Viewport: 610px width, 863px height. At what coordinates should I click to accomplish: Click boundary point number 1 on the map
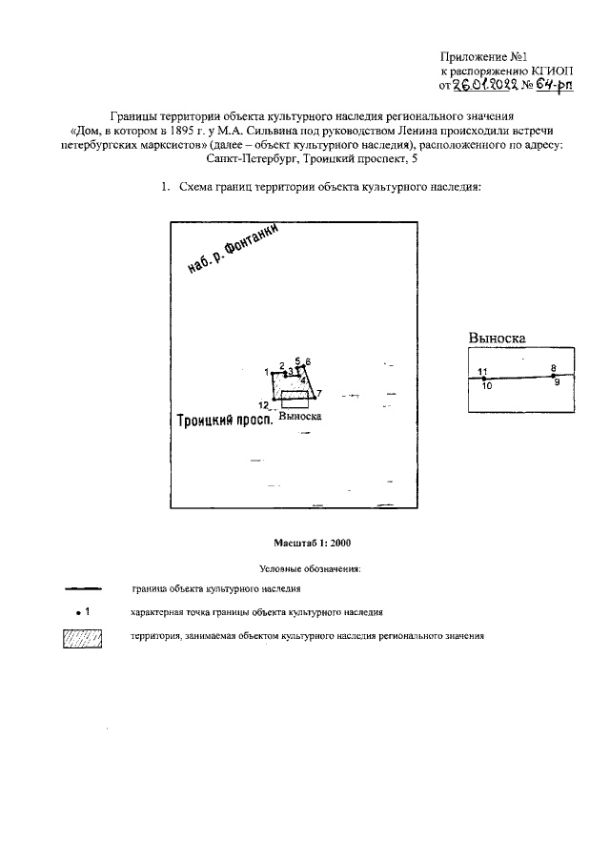pos(274,373)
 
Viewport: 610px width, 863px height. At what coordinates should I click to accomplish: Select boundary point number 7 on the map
pos(313,393)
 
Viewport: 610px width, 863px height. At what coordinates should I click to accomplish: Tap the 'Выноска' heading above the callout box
pos(497,338)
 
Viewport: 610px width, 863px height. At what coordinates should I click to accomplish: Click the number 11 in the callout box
pos(482,371)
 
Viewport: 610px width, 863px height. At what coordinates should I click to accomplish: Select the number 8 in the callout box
pos(553,367)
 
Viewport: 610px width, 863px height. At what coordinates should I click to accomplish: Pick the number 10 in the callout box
pos(486,386)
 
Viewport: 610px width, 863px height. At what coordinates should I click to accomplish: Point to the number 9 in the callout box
pos(557,383)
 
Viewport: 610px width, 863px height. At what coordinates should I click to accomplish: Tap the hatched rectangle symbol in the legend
pos(81,639)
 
